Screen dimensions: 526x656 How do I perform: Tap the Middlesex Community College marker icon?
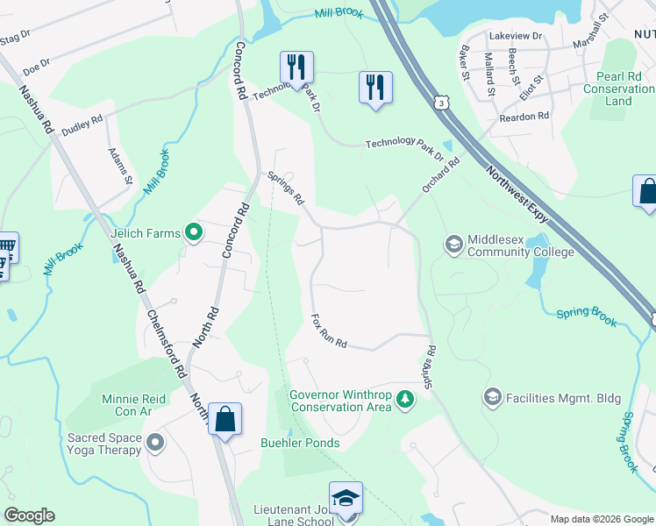click(x=454, y=243)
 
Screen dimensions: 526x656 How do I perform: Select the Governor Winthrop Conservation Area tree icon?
click(x=404, y=400)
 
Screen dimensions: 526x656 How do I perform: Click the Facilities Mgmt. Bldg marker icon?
click(x=492, y=398)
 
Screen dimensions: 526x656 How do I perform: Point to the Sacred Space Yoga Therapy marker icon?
click(x=155, y=442)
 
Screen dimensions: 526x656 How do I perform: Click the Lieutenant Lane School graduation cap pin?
click(x=346, y=497)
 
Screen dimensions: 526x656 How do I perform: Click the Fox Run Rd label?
click(x=330, y=331)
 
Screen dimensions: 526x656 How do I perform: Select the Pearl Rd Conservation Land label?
click(x=618, y=89)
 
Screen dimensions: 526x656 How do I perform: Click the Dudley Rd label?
click(x=82, y=125)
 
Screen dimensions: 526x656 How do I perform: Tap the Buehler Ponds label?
click(x=300, y=443)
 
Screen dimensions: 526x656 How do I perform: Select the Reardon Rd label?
click(x=524, y=116)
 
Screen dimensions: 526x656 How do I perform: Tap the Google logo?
click(x=29, y=515)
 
